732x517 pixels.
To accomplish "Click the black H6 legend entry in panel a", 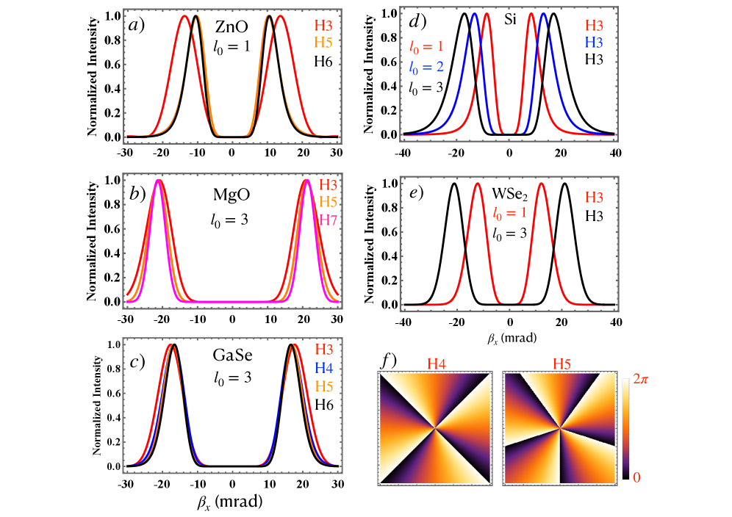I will coord(323,61).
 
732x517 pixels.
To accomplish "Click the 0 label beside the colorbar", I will coord(636,477).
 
